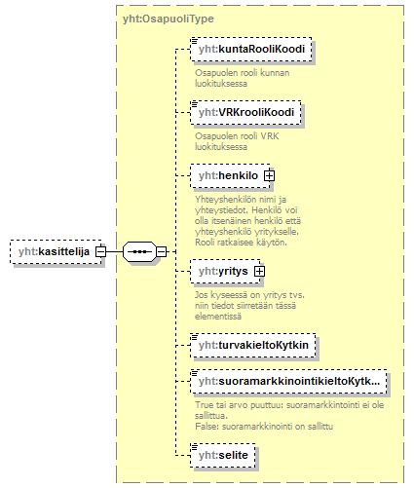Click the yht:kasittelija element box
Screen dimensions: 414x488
pos(56,251)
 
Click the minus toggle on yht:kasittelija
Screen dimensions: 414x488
pos(100,251)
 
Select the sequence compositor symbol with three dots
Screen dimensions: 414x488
pos(139,251)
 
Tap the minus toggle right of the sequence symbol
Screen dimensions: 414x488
pos(162,251)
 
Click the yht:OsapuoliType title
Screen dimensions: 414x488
pos(169,19)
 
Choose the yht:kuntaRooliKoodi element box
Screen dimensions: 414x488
pos(251,50)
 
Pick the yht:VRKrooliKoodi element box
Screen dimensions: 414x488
pos(245,112)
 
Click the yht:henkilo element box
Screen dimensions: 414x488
pos(230,175)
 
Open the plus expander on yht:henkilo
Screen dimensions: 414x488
pos(269,175)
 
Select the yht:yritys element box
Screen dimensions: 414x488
pos(225,271)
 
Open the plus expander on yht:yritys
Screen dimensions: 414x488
pos(259,271)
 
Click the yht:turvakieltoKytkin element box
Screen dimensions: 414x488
pos(253,345)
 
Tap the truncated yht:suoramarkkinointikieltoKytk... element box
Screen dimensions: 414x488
pos(288,381)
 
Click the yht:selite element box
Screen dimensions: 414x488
pos(223,455)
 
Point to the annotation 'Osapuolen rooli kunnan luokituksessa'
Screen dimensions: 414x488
pos(243,78)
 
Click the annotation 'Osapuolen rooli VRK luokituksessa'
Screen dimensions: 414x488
pos(237,141)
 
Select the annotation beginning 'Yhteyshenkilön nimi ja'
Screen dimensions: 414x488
pos(247,220)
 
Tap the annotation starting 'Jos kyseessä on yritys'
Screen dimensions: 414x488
pos(249,306)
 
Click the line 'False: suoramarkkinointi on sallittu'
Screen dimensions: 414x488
pos(264,427)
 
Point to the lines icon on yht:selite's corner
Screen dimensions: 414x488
pos(194,447)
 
